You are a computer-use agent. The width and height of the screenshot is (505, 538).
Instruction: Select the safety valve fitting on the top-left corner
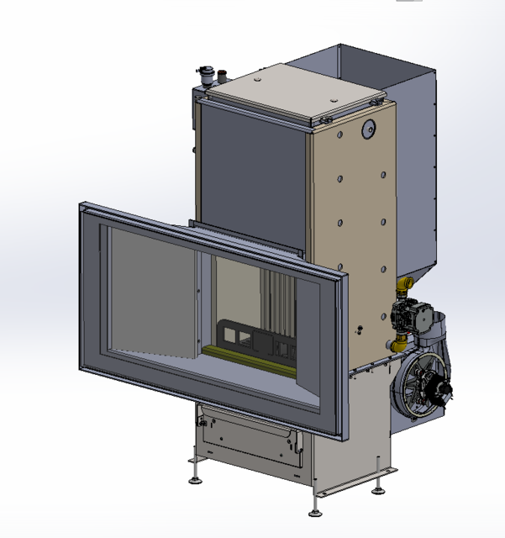(x=204, y=76)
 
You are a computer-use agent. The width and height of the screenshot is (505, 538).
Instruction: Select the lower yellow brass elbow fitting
(x=397, y=345)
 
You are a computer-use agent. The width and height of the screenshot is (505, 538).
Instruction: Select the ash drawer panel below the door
(x=249, y=441)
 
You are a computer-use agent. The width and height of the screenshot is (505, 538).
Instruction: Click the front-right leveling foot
(x=317, y=509)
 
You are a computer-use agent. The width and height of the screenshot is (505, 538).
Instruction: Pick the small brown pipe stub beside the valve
(x=223, y=76)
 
